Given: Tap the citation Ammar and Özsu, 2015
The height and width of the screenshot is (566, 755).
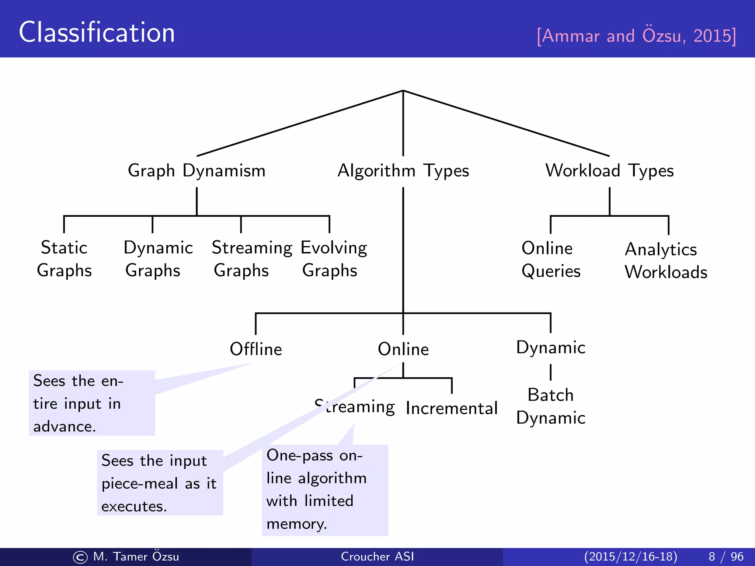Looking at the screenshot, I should click(636, 36).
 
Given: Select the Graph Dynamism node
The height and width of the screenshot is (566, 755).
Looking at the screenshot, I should click(196, 171).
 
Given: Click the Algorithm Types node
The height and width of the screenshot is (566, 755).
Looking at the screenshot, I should click(403, 171).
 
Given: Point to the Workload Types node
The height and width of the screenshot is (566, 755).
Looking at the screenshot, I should click(609, 171).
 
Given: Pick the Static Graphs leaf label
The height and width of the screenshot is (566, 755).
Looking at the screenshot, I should click(64, 259).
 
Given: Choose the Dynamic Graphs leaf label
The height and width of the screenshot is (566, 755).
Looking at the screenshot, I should click(158, 259).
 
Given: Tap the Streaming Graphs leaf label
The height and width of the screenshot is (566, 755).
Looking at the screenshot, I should click(252, 259).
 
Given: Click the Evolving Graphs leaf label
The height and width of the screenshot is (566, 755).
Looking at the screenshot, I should click(333, 259).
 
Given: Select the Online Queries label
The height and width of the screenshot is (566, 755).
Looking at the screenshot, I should click(550, 260).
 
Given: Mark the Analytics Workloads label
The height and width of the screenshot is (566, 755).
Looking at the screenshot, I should click(665, 261).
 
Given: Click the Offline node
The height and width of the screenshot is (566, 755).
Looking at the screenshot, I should click(256, 349).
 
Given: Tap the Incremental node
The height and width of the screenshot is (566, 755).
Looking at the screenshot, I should click(452, 408).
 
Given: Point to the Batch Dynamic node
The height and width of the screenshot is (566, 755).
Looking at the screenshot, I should click(550, 406).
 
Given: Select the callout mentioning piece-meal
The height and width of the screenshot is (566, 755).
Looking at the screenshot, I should click(160, 483).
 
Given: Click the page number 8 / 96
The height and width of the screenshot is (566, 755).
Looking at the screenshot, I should click(726, 556).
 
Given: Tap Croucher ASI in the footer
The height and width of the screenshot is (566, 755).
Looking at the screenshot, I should click(377, 556).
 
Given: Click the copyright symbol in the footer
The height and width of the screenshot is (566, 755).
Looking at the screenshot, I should click(80, 557).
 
